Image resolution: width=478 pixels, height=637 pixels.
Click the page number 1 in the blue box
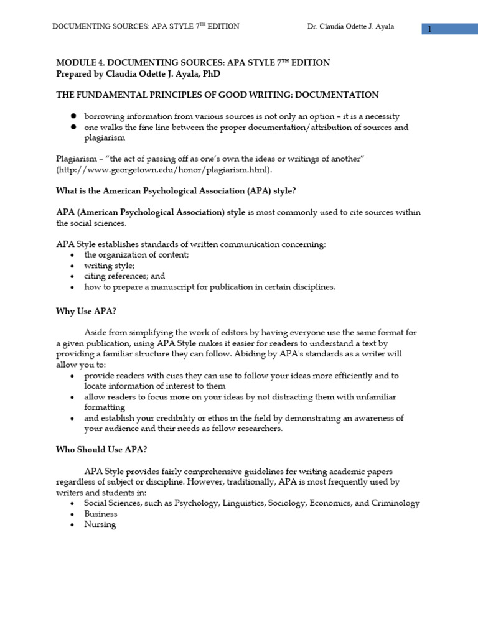tap(429, 29)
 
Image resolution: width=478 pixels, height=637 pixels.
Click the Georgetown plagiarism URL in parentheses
tap(164, 170)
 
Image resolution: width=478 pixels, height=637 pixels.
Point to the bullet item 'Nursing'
tap(100, 524)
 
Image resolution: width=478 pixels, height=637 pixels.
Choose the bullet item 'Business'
tap(101, 514)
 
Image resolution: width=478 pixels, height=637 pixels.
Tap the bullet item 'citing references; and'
tap(124, 276)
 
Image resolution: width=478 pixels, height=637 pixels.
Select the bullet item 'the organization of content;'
tap(136, 255)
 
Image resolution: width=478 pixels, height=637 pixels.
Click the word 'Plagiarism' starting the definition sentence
tap(77, 159)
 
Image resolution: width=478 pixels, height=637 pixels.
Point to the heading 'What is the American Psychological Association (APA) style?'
tap(172, 191)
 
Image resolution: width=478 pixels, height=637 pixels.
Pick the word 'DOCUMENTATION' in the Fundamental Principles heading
tap(340, 95)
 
